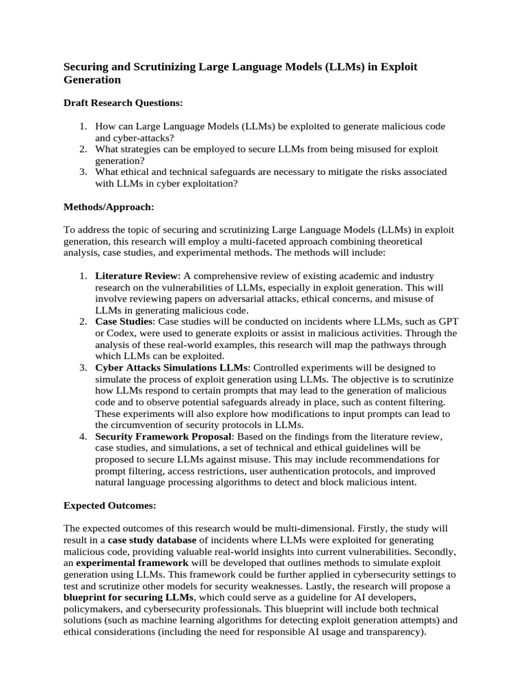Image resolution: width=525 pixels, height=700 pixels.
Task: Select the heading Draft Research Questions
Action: click(x=123, y=103)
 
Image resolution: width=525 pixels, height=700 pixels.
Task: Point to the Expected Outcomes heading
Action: click(x=110, y=506)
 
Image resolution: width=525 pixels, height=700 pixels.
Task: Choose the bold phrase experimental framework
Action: click(x=122, y=563)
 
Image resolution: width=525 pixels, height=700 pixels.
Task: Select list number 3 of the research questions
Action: click(x=82, y=172)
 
